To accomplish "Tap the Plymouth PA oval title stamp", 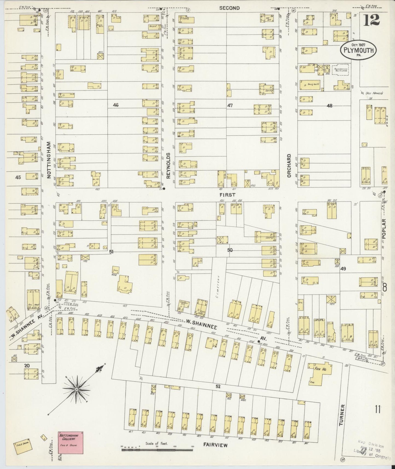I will pyautogui.click(x=358, y=50).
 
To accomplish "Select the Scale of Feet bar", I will pyautogui.click(x=157, y=448).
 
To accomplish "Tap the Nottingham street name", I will pyautogui.click(x=49, y=160).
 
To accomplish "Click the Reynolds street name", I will pyautogui.click(x=168, y=165).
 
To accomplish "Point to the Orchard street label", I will pyautogui.click(x=289, y=166).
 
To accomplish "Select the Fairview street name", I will pyautogui.click(x=215, y=445).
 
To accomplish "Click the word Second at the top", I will pyautogui.click(x=229, y=8).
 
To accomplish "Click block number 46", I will pyautogui.click(x=116, y=105).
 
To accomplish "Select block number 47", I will pyautogui.click(x=230, y=105).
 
